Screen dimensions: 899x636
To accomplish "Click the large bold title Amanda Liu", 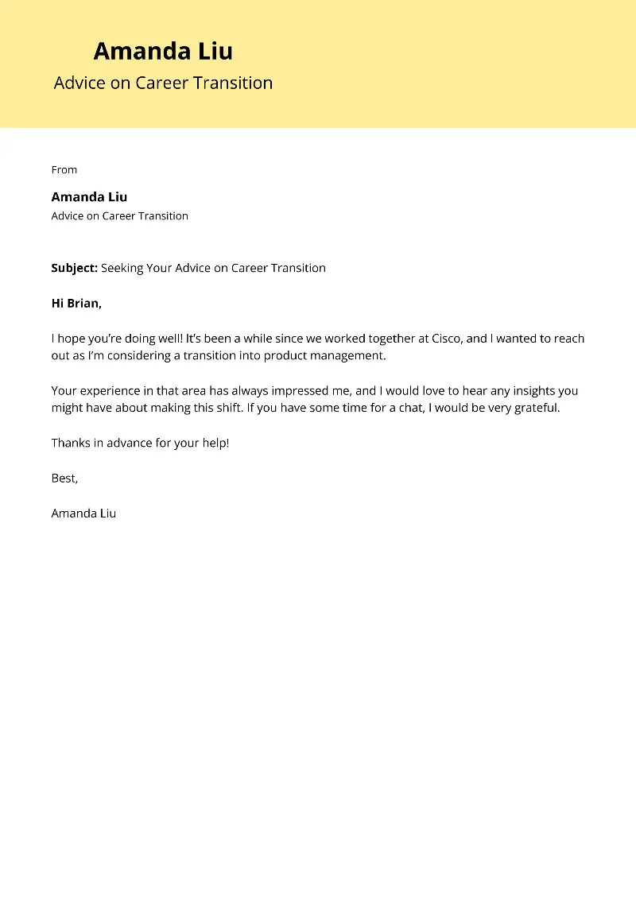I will [163, 52].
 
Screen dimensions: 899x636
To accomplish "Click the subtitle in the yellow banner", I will [163, 83].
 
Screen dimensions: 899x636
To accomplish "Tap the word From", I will [64, 169].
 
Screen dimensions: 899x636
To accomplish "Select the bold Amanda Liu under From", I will [89, 196].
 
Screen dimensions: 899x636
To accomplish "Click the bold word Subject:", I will [74, 268].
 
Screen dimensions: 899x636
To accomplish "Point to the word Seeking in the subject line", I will [122, 268].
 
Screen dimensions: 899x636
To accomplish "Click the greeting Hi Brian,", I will [77, 303].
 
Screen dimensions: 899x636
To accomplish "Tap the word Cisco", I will [447, 339].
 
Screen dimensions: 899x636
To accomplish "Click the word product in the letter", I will [285, 355].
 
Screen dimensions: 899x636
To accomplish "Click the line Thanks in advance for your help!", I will [140, 443].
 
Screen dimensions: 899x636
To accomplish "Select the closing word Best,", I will [64, 479].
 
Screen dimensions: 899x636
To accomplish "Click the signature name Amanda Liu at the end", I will [83, 513].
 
